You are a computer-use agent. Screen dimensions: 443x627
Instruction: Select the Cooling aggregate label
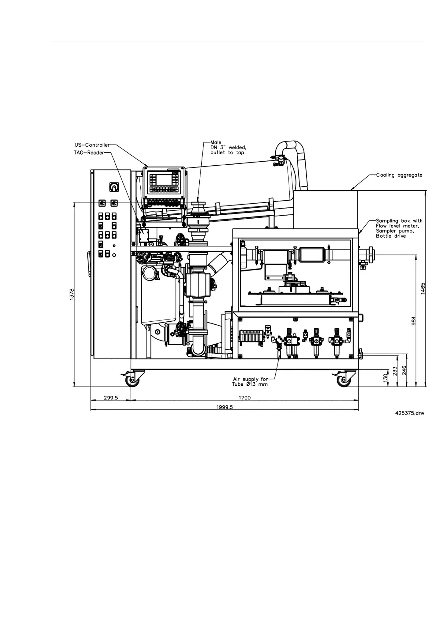tap(399, 175)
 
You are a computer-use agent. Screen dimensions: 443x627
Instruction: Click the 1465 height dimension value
tap(423, 289)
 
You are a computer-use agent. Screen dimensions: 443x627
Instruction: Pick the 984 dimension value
tap(413, 321)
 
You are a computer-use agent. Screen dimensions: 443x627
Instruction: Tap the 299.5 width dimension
tap(110, 397)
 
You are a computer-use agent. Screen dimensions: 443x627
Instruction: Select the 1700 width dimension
tap(244, 397)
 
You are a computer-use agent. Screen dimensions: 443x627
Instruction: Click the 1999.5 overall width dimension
tap(225, 407)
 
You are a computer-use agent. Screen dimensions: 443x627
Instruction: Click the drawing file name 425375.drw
tap(410, 413)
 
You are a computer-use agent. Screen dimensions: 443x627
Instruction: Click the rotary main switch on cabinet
tap(112, 187)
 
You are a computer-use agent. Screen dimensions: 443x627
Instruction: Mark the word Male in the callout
tap(216, 143)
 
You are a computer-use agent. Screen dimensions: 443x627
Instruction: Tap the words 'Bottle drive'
tap(391, 236)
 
